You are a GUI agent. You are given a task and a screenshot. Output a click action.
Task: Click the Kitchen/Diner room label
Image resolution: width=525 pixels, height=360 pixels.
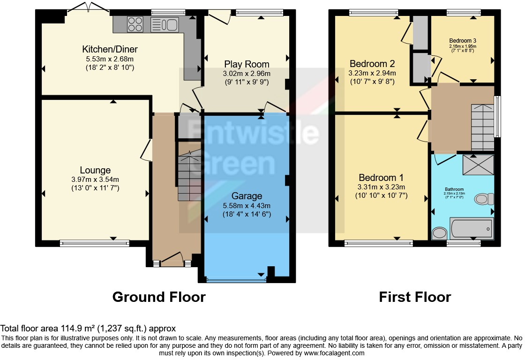(x=110, y=50)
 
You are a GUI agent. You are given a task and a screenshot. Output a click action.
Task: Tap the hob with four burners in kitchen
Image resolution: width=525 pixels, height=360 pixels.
(x=135, y=24)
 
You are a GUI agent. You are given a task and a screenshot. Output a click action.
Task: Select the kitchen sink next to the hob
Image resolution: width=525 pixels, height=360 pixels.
(x=165, y=24)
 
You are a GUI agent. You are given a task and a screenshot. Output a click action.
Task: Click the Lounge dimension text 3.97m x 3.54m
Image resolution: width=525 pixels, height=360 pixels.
(x=96, y=180)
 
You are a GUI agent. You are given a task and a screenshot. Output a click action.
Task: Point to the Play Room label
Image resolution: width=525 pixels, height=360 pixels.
(x=247, y=64)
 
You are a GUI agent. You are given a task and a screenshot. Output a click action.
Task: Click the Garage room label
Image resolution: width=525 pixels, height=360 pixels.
(x=246, y=196)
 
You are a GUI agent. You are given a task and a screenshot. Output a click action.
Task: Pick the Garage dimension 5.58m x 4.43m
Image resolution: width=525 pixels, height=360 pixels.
(x=246, y=205)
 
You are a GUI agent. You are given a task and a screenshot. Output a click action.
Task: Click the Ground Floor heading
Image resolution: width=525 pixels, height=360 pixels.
(x=159, y=297)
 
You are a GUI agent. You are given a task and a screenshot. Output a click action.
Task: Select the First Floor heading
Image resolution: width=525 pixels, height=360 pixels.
(x=415, y=297)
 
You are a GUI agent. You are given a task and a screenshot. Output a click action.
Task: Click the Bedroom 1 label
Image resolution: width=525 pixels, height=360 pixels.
(x=381, y=178)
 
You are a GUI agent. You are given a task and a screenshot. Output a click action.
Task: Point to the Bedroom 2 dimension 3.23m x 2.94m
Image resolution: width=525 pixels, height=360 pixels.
(x=372, y=73)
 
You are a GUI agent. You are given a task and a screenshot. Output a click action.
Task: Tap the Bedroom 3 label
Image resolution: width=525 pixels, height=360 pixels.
(x=462, y=40)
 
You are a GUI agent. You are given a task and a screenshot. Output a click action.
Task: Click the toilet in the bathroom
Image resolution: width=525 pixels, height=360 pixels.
(x=484, y=199)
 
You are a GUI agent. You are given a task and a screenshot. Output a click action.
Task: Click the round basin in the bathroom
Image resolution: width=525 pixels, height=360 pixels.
(x=440, y=233)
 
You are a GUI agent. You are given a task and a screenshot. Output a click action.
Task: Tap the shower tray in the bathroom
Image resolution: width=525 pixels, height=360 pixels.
(x=476, y=164)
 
